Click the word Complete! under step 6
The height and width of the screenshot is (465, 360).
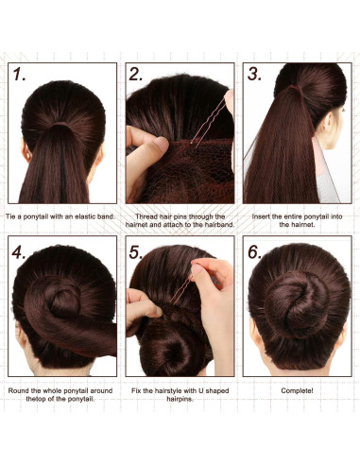(298, 389)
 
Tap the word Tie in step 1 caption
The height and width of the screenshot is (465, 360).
(14, 216)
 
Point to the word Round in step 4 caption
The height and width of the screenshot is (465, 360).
(18, 389)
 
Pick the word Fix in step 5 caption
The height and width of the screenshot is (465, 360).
(136, 389)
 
